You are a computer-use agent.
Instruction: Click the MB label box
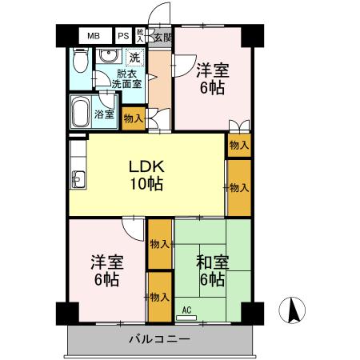click(94, 36)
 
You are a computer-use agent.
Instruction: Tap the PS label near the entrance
click(123, 36)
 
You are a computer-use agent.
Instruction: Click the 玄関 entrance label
click(162, 37)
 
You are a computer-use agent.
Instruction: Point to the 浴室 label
click(105, 114)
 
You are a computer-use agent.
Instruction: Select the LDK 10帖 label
click(147, 175)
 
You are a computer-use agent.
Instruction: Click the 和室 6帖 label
click(212, 270)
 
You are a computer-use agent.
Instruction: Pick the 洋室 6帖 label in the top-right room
click(211, 78)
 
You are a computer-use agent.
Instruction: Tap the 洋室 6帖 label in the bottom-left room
click(105, 270)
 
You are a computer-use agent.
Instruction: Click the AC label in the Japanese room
click(186, 310)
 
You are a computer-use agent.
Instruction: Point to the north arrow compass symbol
click(292, 309)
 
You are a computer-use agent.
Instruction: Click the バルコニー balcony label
click(160, 339)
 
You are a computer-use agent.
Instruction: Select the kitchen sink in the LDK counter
click(78, 178)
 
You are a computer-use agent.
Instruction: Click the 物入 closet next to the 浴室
click(134, 118)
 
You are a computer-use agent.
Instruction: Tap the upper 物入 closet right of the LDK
click(238, 145)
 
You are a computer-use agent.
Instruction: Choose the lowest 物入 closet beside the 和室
click(159, 296)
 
